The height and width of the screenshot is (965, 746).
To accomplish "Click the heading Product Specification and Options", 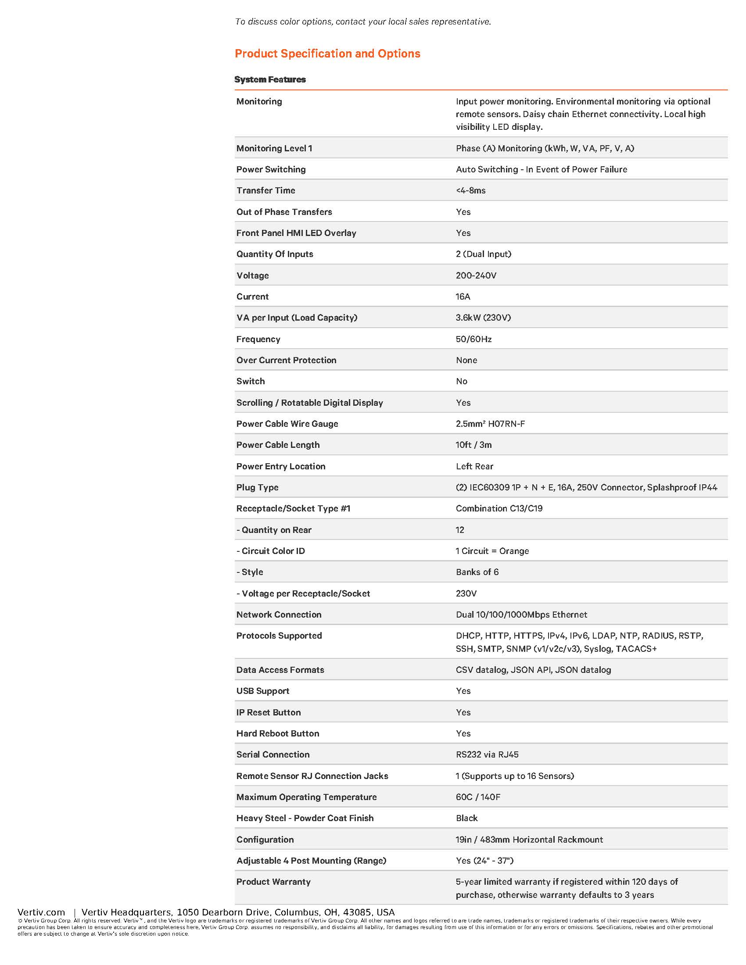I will tap(327, 54).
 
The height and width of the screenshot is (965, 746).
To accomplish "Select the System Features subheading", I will tap(269, 79).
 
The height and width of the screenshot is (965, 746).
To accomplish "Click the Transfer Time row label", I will tap(265, 190).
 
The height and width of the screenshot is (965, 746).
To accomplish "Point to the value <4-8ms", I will tap(470, 190).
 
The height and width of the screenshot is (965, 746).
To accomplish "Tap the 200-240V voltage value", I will tap(476, 275).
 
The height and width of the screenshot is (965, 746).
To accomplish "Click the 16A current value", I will tap(463, 297).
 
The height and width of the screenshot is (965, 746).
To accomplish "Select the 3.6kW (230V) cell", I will tap(483, 318).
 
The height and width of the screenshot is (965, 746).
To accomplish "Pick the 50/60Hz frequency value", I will tap(473, 339).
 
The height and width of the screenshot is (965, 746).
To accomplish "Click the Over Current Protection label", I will tap(286, 360).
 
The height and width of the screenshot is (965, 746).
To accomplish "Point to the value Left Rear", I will tap(474, 466).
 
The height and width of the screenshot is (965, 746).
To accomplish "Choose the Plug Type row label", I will tap(257, 487).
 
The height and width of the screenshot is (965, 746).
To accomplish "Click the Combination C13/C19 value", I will tap(499, 508).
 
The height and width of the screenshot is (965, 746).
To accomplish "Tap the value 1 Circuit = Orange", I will tap(492, 551).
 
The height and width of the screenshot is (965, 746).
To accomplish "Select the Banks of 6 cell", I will tap(477, 572).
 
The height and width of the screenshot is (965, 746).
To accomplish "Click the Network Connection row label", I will tap(278, 615).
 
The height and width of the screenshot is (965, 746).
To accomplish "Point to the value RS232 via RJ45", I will tap(487, 755).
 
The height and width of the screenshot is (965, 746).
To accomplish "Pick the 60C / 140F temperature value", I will tap(478, 797).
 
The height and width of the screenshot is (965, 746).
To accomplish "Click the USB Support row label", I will tap(262, 691).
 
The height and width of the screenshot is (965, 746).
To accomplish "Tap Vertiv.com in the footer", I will tap(41, 912).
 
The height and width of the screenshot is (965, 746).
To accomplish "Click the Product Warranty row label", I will tap(273, 882).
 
